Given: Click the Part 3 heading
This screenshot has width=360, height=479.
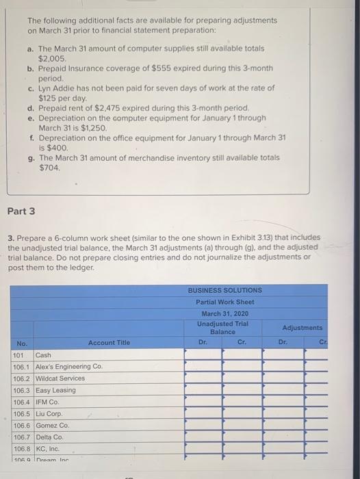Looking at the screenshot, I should coord(22,211).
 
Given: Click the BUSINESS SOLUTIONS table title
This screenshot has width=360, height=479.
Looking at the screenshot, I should coord(224,290).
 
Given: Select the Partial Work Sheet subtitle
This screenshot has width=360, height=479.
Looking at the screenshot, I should coord(224,302).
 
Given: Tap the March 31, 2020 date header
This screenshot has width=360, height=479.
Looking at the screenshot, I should coord(224,313).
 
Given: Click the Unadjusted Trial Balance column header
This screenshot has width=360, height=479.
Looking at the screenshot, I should coord(223,327).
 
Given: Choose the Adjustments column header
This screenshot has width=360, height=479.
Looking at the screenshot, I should coord(301,328).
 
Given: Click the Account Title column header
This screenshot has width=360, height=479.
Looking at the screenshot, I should coord(108,342).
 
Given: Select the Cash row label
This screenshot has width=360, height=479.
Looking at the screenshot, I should coord(43,355).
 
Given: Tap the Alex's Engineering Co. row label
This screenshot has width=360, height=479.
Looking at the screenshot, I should coord(68,367).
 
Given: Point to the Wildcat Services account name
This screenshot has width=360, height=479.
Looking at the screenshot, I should coord(60,378).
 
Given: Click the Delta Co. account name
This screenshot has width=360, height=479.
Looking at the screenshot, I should coord(49,437).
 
